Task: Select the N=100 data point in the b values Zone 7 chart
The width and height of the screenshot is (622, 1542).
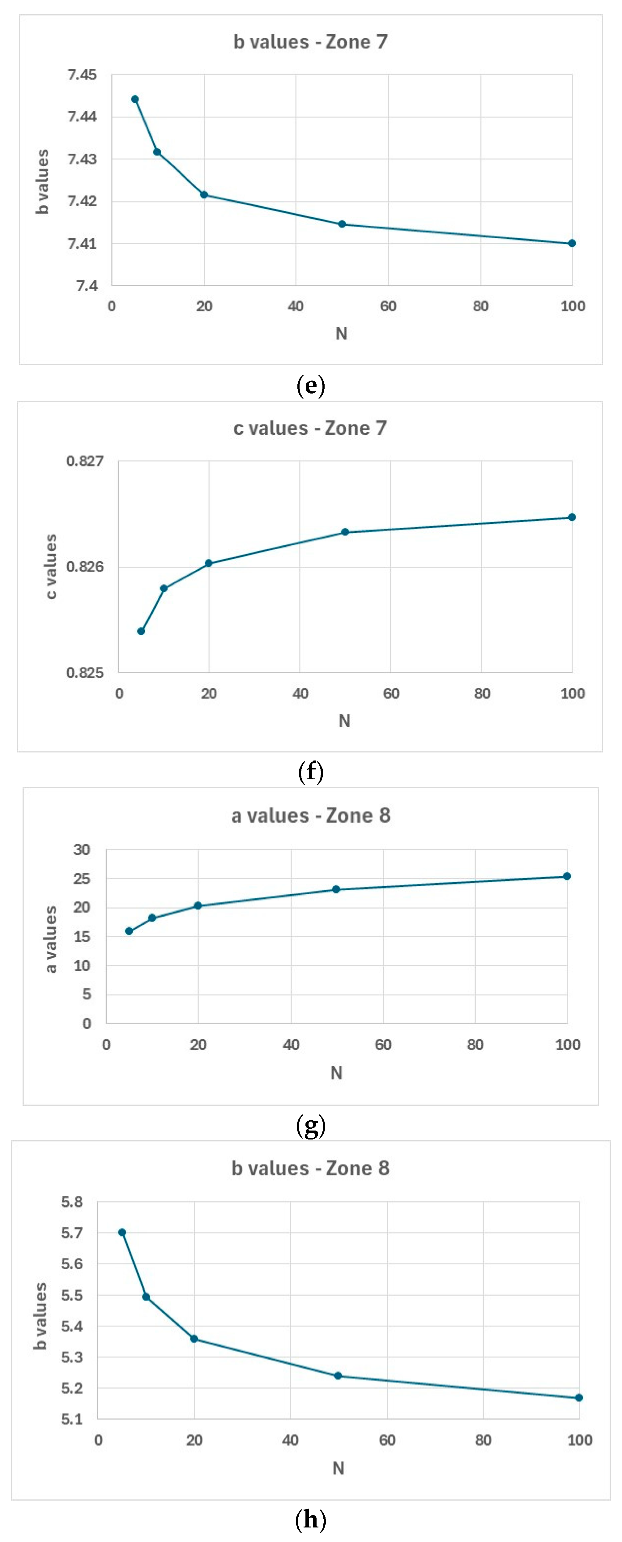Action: tap(572, 244)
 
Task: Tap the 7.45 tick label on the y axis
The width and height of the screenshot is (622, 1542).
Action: tap(82, 75)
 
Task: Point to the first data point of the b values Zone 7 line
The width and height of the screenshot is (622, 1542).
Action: tap(135, 99)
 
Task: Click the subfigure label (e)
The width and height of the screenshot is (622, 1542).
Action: tap(311, 385)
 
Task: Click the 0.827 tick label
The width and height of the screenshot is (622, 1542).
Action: tap(85, 461)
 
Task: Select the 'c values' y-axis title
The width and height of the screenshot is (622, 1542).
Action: tap(52, 566)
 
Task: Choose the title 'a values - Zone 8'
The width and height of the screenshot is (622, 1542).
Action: tap(311, 816)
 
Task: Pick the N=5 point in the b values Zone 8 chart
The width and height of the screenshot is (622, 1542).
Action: tap(122, 1233)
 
